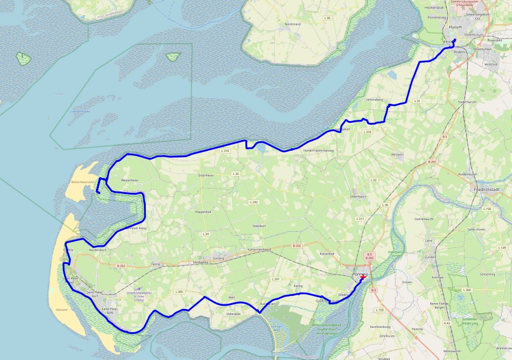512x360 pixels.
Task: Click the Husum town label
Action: point(455,27)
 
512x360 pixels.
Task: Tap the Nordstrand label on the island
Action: point(293,24)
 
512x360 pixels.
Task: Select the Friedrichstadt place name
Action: point(487,189)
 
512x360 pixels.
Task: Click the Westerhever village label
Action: point(130,180)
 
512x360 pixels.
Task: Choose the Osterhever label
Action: point(206,176)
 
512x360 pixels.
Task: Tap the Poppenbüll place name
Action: point(203,211)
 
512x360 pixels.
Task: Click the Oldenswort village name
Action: point(359,196)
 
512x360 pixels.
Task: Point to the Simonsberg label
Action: point(375,100)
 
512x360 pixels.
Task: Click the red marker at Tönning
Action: point(362,277)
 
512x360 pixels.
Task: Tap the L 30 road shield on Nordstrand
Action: point(327,18)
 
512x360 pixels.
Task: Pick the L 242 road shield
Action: point(254,202)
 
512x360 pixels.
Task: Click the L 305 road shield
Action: point(179,292)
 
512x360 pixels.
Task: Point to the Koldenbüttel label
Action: point(468,174)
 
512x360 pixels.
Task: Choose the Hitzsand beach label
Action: point(62,311)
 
